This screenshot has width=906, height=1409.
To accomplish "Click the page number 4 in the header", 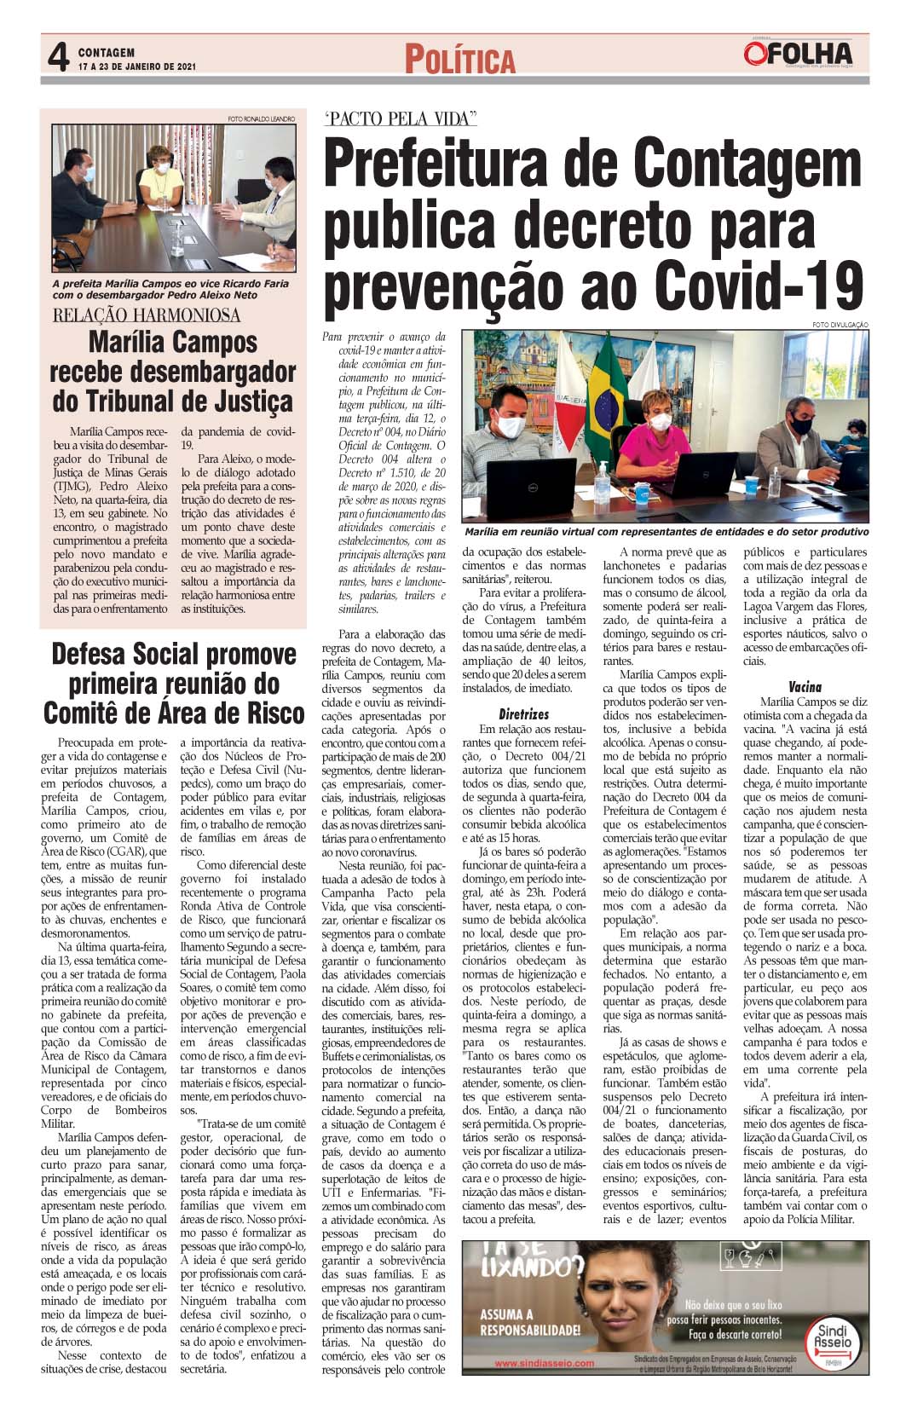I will (x=58, y=58).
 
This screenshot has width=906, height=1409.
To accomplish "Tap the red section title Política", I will (x=459, y=60).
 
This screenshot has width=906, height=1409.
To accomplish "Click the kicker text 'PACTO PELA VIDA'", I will (x=400, y=119).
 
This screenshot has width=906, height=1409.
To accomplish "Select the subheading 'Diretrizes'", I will (x=523, y=713).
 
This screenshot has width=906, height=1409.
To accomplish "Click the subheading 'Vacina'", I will (x=805, y=686).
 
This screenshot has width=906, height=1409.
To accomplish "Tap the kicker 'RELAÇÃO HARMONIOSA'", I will (x=147, y=315).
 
